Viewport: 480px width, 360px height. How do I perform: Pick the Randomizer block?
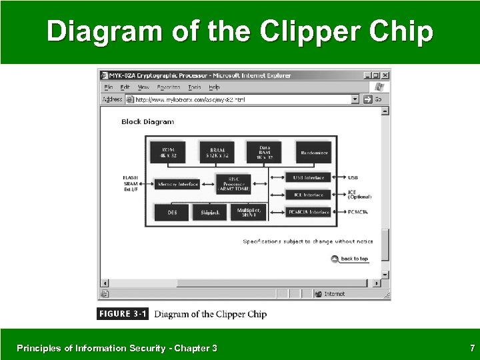[314, 153]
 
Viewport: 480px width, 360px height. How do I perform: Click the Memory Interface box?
[178, 184]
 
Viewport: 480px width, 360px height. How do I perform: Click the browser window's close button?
[385, 76]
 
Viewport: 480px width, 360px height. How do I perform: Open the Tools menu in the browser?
[195, 87]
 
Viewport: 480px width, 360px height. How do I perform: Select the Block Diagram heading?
[147, 122]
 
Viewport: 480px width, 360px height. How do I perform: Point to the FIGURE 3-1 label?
[124, 314]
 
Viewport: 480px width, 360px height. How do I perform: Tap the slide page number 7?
[472, 348]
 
